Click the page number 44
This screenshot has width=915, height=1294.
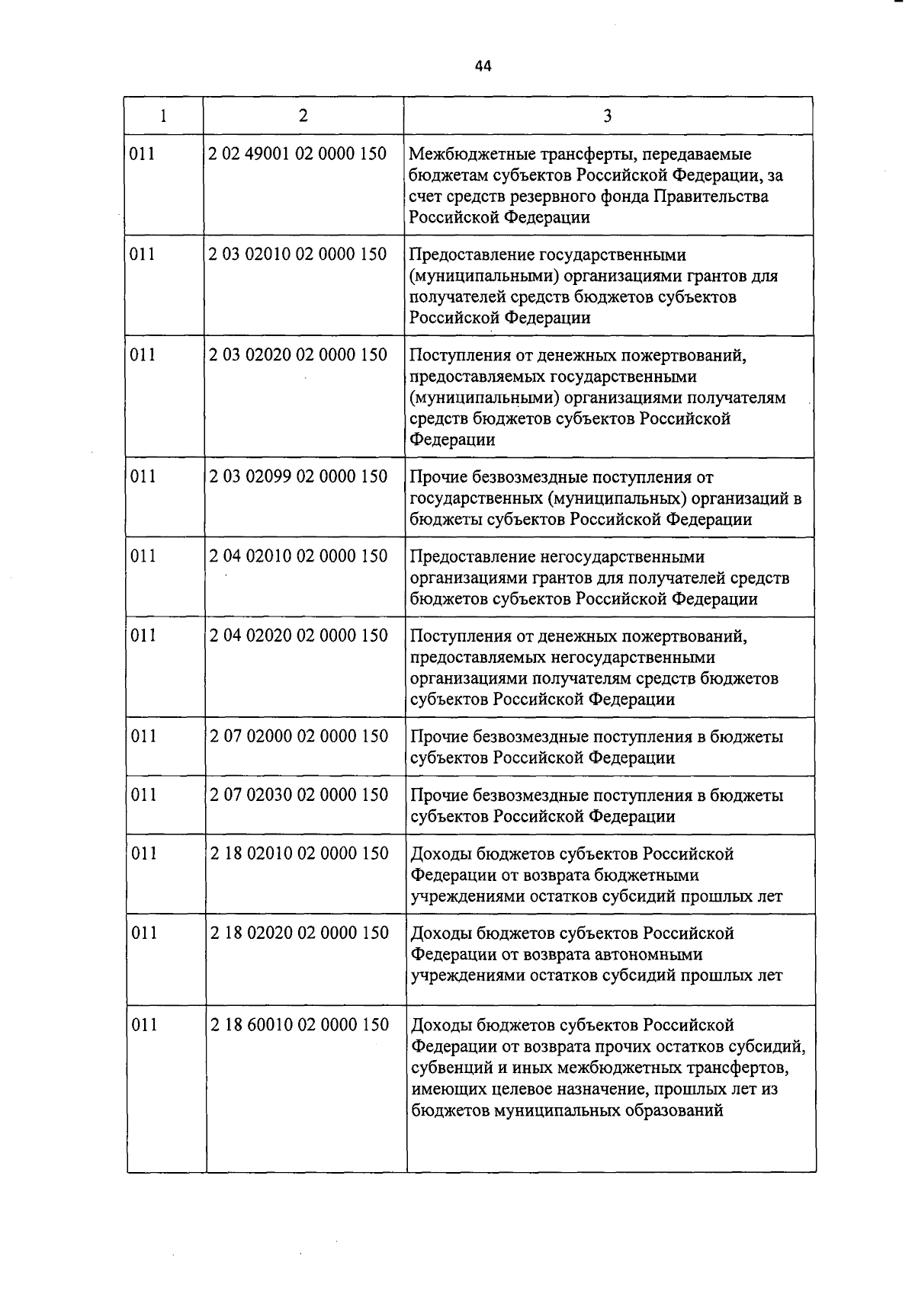pos(483,66)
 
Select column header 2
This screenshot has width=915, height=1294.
pos(303,115)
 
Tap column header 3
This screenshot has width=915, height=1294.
pos(607,116)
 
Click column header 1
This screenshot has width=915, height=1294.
pos(163,116)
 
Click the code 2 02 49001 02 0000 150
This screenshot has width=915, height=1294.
pos(298,153)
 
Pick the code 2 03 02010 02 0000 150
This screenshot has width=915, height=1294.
pos(298,254)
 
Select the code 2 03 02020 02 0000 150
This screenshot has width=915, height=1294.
pos(298,354)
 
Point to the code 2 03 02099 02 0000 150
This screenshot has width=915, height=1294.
pos(298,476)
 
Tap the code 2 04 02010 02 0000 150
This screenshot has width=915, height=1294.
pos(299,556)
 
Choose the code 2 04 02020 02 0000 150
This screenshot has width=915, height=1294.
pos(299,635)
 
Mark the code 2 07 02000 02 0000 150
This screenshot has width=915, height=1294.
pos(299,735)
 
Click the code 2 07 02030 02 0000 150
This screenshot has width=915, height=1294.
pos(299,794)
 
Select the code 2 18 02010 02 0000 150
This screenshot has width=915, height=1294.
pos(300,853)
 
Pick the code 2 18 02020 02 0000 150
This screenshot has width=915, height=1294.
pos(300,932)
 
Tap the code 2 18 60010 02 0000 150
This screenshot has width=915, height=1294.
pos(300,1024)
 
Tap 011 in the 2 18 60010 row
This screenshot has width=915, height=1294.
pos(144,1024)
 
